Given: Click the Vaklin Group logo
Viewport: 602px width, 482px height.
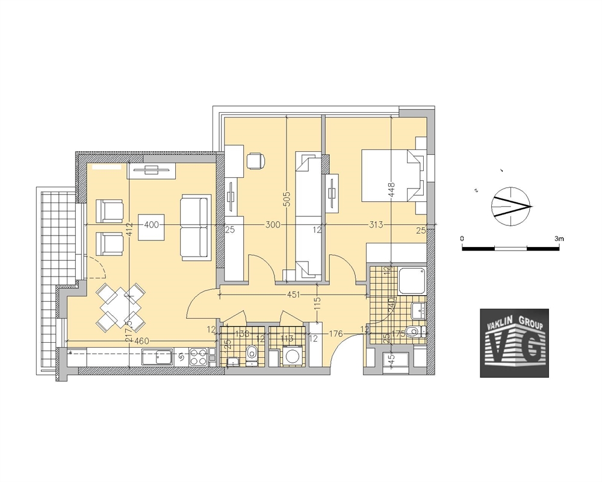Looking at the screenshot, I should (x=514, y=343).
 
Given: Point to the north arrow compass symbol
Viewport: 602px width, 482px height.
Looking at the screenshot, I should (x=512, y=206).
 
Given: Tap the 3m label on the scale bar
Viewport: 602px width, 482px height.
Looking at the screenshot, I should (x=559, y=239).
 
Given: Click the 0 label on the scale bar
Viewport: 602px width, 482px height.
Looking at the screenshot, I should (x=462, y=239).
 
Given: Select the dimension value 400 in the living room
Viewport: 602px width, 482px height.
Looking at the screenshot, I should (x=152, y=225).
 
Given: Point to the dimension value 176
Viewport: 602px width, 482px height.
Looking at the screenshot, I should (x=336, y=333).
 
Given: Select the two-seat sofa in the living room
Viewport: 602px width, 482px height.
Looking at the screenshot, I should (x=195, y=227).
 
